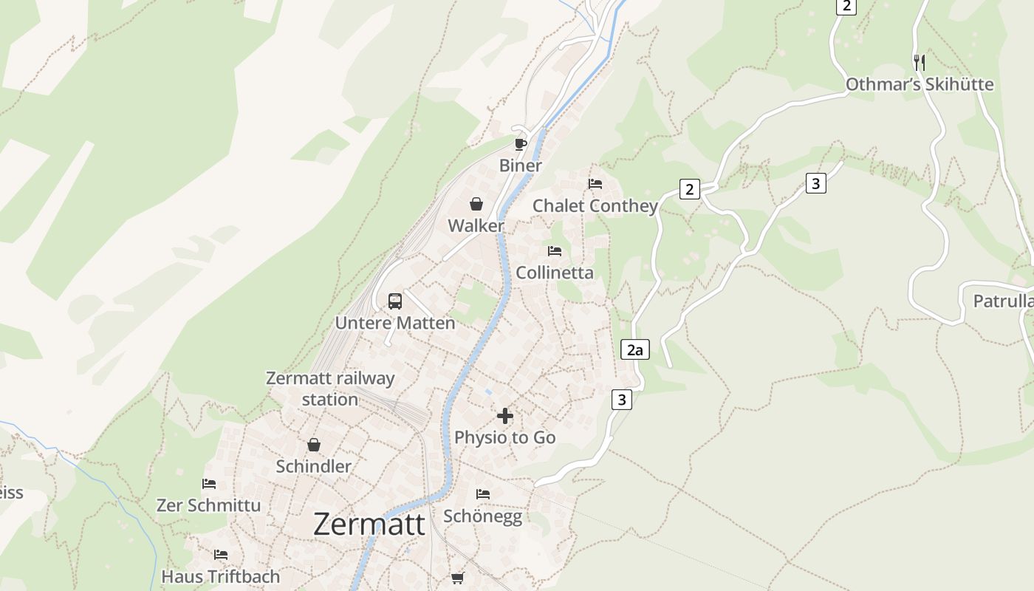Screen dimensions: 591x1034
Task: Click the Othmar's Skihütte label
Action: click(x=919, y=84)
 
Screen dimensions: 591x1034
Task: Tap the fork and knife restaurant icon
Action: click(x=919, y=62)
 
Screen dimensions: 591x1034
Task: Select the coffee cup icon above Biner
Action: click(x=521, y=143)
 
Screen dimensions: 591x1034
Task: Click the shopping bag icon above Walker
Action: click(x=476, y=204)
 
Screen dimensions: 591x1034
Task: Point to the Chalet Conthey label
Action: click(x=595, y=206)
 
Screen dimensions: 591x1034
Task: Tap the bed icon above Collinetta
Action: click(x=555, y=251)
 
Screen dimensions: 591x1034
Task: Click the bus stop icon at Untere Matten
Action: click(x=395, y=301)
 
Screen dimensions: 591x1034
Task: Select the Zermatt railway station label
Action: click(x=330, y=389)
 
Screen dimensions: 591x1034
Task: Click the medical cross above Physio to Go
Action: click(x=505, y=416)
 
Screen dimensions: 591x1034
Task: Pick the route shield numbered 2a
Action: click(x=635, y=349)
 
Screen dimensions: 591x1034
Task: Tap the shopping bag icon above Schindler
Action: click(x=314, y=445)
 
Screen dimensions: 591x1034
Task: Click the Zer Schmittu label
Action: click(x=208, y=505)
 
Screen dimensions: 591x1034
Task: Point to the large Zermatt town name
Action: click(x=369, y=525)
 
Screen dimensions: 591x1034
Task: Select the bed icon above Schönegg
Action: click(x=483, y=493)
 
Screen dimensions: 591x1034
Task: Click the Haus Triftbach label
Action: click(x=221, y=576)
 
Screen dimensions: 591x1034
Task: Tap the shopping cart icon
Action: click(x=458, y=578)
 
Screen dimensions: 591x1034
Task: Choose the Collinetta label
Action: click(x=554, y=273)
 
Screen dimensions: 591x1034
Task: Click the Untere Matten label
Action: click(x=395, y=323)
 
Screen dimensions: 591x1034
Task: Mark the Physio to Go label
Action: click(x=504, y=437)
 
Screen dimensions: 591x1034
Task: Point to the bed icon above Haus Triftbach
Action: click(x=221, y=555)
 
